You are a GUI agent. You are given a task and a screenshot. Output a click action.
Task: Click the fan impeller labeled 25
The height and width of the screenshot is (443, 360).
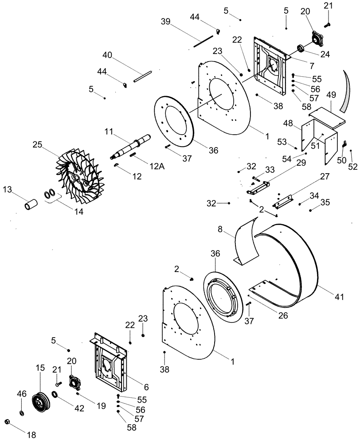tap(79, 178)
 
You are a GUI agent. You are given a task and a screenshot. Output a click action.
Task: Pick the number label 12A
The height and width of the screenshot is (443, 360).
tap(145, 166)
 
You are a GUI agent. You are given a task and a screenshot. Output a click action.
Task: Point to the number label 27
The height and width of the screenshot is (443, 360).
tap(325, 176)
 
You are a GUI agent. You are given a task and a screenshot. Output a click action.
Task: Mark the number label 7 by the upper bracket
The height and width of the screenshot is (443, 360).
tap(312, 66)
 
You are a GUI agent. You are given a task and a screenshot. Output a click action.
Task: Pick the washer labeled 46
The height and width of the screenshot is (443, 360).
tap(22, 413)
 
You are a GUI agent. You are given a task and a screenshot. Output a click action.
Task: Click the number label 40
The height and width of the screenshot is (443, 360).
tap(107, 55)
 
